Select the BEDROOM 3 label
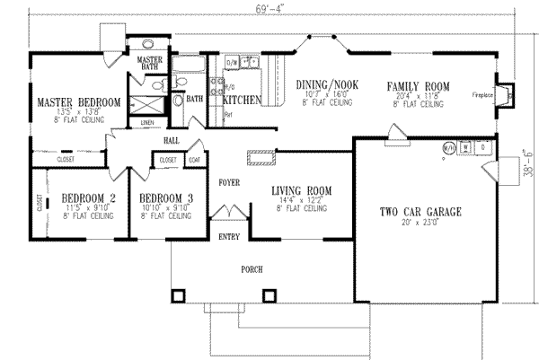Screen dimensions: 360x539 (166, 198)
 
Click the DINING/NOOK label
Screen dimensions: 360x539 (327, 85)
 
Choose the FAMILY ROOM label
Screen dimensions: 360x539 (418, 85)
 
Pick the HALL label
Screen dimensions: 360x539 (172, 141)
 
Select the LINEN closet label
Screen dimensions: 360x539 (147, 122)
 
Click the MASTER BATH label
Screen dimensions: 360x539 (149, 63)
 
